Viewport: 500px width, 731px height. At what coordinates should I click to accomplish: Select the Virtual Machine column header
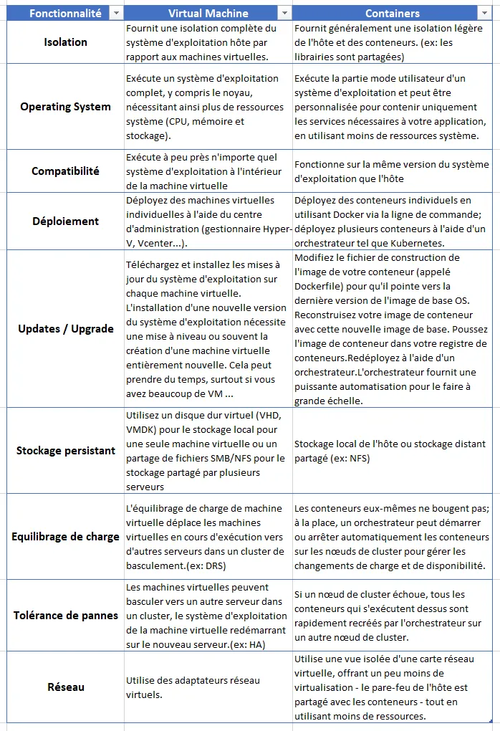click(208, 13)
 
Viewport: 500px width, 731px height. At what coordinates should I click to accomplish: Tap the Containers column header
click(392, 13)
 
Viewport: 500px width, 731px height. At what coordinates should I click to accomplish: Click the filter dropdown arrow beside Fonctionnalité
click(115, 13)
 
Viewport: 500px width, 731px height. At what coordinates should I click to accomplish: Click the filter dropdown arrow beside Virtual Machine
click(284, 13)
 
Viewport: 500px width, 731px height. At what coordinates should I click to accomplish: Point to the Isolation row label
click(65, 42)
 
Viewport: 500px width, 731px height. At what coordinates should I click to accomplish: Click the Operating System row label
click(65, 107)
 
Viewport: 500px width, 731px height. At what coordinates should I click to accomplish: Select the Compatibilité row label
click(65, 171)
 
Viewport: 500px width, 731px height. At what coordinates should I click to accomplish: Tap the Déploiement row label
click(65, 221)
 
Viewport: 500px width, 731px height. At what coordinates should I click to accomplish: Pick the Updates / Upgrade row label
click(65, 329)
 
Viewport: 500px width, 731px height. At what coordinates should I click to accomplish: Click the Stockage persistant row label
click(65, 451)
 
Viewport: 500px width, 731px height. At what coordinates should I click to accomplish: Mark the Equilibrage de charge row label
click(65, 537)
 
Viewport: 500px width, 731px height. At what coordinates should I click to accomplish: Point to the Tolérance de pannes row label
click(65, 616)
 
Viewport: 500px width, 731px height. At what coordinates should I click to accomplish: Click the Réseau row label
click(65, 687)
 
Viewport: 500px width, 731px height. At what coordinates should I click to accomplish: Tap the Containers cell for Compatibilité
click(393, 171)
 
